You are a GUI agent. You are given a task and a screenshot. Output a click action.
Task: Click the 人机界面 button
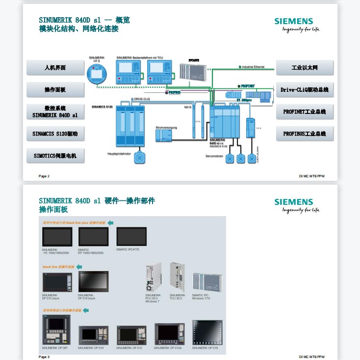coord(55,67)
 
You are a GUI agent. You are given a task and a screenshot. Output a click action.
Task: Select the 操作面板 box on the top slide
coord(55,89)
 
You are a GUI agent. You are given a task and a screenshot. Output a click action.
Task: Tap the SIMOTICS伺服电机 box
coord(55,156)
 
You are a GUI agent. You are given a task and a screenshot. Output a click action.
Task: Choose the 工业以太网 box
coord(305,67)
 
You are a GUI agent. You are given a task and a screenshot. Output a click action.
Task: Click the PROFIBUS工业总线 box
coord(305,133)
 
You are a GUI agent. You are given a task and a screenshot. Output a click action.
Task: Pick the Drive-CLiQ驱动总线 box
coord(305,89)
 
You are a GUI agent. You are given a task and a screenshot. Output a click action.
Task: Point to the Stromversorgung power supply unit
coord(163,136)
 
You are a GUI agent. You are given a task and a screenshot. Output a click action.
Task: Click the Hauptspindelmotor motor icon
coord(141,157)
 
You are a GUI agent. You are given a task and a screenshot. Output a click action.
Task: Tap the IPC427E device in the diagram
coord(192,72)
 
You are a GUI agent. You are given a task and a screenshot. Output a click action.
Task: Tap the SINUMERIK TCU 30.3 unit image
coord(177,278)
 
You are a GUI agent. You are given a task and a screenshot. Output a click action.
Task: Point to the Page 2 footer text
coord(44,176)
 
